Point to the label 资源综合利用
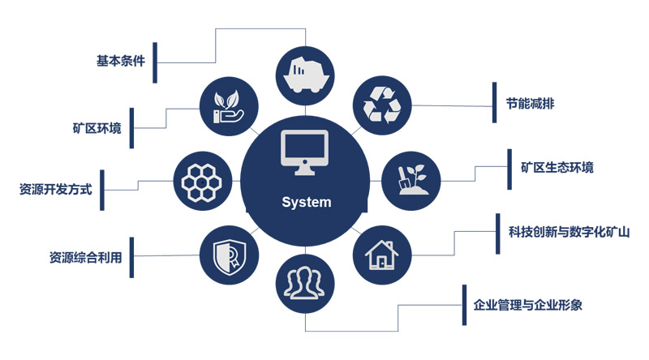click(85, 258)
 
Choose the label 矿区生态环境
click(557, 168)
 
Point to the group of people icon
click(305, 281)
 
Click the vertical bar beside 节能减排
click(493, 103)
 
